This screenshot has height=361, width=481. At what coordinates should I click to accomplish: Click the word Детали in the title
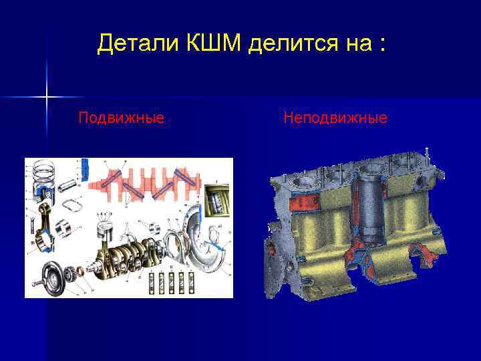point(136,44)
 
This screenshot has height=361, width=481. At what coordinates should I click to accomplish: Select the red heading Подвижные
point(121,118)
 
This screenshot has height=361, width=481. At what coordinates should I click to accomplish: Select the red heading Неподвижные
point(335,118)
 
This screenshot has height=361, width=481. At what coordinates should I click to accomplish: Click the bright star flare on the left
point(47,98)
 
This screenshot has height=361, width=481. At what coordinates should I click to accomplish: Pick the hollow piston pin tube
point(73,185)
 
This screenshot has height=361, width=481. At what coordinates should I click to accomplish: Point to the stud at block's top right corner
point(426,154)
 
